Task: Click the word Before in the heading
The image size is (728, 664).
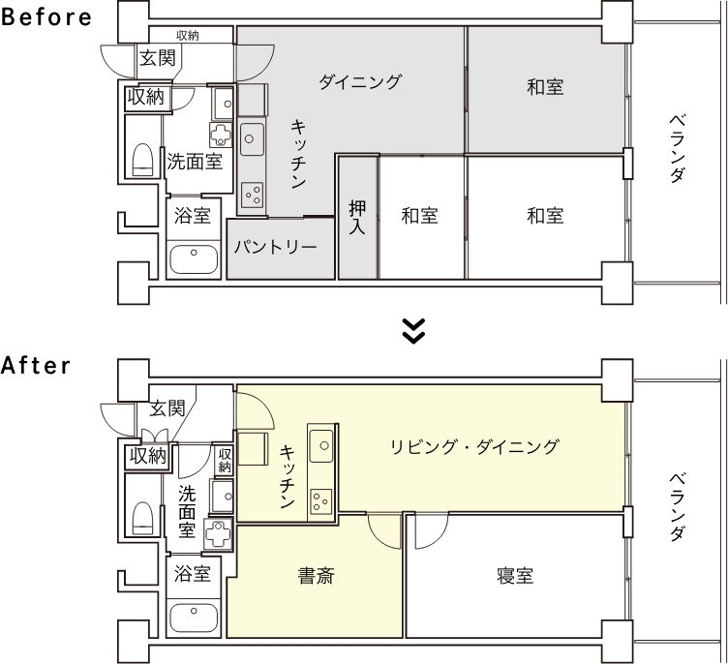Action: (x=46, y=16)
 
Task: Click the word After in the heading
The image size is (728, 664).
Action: (x=36, y=366)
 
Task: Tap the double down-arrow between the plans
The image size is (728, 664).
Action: (x=413, y=331)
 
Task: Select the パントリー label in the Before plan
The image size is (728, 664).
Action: (x=275, y=247)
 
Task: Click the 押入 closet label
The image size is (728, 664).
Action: (x=357, y=218)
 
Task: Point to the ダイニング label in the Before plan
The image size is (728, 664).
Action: (x=359, y=81)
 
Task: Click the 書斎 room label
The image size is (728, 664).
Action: (x=316, y=576)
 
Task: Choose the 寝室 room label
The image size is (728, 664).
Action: (x=515, y=576)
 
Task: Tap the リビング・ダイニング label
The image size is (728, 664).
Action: (x=474, y=446)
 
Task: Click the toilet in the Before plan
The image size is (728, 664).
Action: (x=142, y=161)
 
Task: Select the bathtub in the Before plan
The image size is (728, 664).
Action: (x=194, y=259)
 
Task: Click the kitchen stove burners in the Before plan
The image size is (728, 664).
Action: (x=252, y=195)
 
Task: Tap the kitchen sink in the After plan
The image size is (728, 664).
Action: (x=321, y=446)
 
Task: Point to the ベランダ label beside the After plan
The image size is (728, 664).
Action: (x=677, y=507)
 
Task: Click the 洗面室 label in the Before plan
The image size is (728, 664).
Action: (x=195, y=162)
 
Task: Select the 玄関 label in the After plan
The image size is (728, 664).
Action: (x=167, y=408)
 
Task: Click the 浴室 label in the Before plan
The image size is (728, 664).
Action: (x=193, y=216)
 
